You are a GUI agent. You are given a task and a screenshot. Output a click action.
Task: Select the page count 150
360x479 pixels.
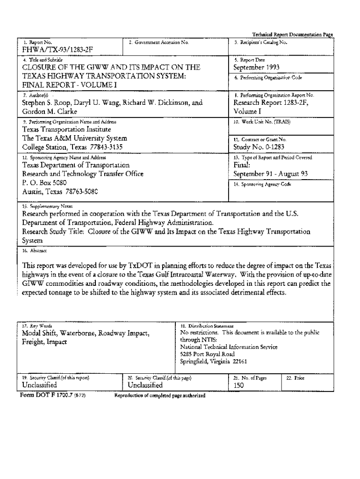(238, 386)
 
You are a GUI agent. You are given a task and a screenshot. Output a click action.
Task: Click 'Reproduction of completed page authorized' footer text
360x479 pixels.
(160, 396)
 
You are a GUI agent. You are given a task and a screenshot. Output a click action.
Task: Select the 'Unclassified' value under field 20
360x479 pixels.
(145, 385)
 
